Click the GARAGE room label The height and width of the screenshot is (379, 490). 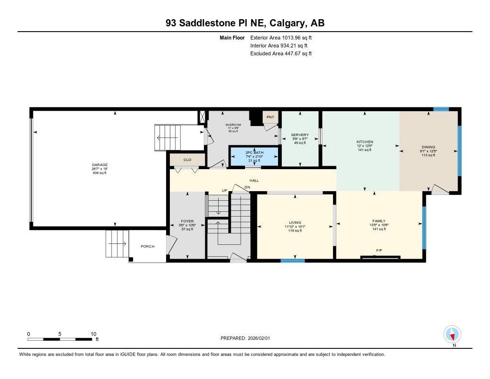click(x=100, y=164)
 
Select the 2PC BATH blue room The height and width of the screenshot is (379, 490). click(x=254, y=157)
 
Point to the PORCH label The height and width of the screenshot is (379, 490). click(x=147, y=247)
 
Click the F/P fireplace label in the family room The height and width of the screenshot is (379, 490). click(x=379, y=251)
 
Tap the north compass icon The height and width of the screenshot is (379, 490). click(x=452, y=334)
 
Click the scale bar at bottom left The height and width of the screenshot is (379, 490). click(x=60, y=339)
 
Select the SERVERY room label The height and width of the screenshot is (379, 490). click(x=300, y=135)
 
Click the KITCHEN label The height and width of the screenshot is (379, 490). click(x=365, y=142)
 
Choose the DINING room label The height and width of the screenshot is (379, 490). click(x=428, y=147)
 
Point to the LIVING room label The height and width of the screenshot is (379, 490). click(x=295, y=222)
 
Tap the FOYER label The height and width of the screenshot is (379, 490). click(x=187, y=221)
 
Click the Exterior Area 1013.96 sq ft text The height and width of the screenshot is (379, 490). click(x=281, y=37)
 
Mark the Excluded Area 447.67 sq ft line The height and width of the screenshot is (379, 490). click(x=281, y=54)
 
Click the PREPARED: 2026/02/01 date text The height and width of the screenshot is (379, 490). click(x=245, y=338)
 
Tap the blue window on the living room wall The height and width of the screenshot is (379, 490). click(x=292, y=261)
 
